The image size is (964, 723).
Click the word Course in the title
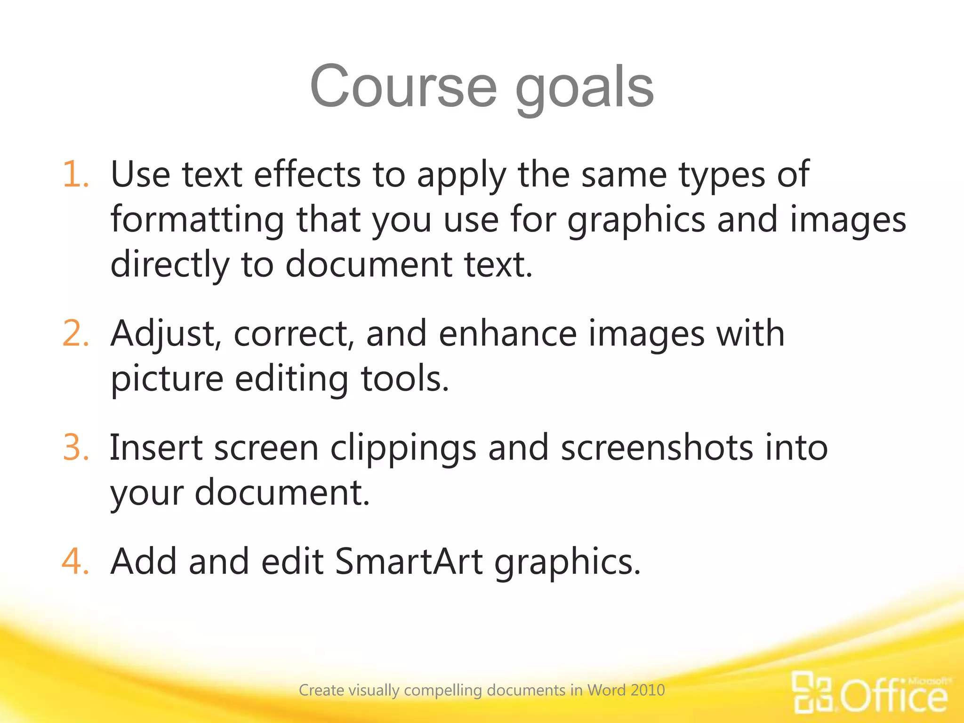point(403,87)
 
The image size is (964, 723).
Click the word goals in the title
point(585,89)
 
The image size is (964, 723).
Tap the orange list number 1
point(75,175)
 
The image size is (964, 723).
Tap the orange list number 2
point(75,333)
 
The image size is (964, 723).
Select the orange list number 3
point(75,447)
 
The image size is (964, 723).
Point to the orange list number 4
point(75,561)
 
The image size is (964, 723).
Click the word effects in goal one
point(307,175)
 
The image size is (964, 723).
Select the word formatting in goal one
point(197,220)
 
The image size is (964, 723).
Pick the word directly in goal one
point(170,265)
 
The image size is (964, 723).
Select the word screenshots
point(657,447)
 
